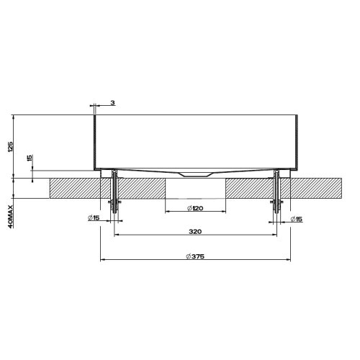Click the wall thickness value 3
pos(113,103)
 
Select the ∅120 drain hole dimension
pos(196,208)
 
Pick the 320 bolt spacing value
pos(195,232)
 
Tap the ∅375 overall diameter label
pos(195,256)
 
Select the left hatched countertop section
pos(79,189)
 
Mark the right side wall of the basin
pos(296,140)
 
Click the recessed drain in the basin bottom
pos(195,174)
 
